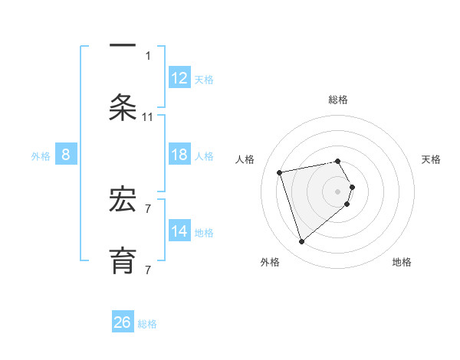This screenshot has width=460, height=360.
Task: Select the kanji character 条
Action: pos(123,106)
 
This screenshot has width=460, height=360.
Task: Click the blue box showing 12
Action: pos(179,77)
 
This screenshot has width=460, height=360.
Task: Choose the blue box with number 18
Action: pos(179,155)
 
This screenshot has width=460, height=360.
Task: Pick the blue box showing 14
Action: pos(179,231)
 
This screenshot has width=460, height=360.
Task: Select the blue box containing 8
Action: pos(66,155)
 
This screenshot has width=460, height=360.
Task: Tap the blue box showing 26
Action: pos(123,322)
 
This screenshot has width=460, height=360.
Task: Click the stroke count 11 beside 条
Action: pos(148,117)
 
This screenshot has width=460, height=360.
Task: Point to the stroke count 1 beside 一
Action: pos(148,55)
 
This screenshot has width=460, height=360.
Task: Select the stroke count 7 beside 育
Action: pos(148,269)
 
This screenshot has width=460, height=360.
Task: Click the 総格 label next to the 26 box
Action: pos(147,324)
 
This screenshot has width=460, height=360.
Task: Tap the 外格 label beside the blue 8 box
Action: pos(41,156)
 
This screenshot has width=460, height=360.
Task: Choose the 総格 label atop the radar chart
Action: pos(338,100)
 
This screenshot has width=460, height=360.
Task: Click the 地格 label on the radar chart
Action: pos(402,262)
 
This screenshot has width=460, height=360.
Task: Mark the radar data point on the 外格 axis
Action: pos(301,242)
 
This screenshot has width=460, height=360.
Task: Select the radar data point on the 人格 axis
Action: pos(280,172)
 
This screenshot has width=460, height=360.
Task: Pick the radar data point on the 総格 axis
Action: pos(338,161)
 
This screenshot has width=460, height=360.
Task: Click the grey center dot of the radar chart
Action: pos(338,191)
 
